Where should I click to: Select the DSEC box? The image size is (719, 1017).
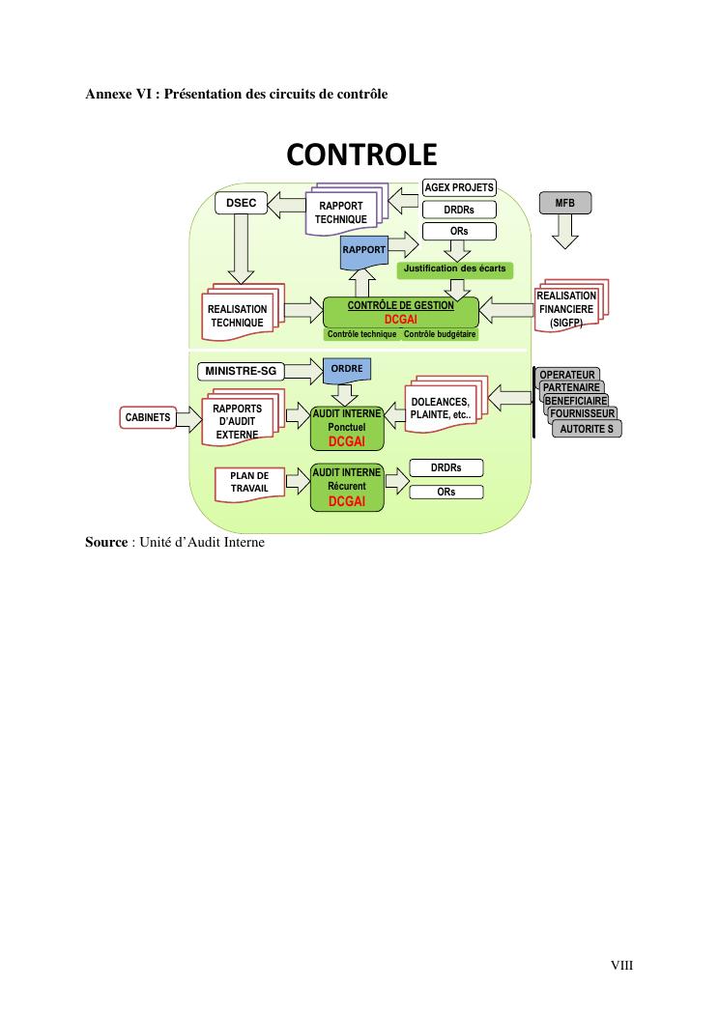coord(241,204)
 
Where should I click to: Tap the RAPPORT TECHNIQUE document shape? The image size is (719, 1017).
coord(340,212)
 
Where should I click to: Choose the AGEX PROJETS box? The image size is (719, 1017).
coord(459,187)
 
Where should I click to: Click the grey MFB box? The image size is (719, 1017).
coord(564,203)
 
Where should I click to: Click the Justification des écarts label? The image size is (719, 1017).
coord(454,268)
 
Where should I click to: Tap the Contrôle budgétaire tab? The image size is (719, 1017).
coord(440,334)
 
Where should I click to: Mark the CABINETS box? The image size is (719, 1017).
coord(148,417)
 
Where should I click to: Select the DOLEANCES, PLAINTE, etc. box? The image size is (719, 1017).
coord(441,409)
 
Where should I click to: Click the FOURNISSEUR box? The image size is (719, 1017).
coord(582,414)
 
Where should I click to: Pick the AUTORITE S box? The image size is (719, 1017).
coord(587,429)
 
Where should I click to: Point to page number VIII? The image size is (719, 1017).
coord(621,965)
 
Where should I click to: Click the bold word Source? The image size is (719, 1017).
coord(106,543)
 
